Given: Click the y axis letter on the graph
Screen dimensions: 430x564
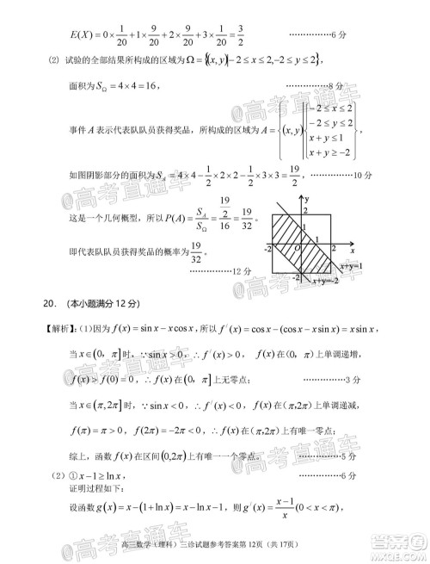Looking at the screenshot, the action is point(305,198).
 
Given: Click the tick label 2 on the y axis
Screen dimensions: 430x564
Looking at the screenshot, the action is point(305,211).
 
